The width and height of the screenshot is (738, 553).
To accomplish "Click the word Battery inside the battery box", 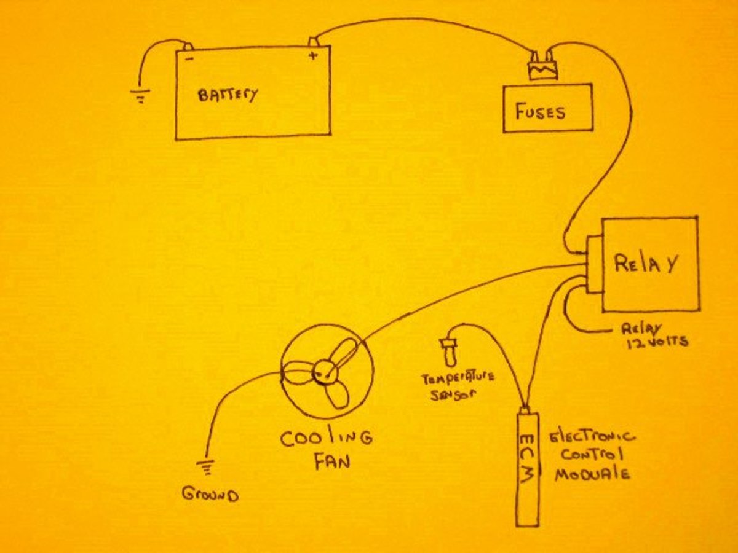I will coord(228,95).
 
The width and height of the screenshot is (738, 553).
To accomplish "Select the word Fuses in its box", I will coord(541,112).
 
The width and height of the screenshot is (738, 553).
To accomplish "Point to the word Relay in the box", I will coord(646,264).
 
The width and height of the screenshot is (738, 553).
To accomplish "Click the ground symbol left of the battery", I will coord(141,96).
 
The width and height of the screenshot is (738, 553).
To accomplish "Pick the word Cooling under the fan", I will coord(326,439).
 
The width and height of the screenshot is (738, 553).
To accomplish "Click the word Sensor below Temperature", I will coord(453,395).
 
